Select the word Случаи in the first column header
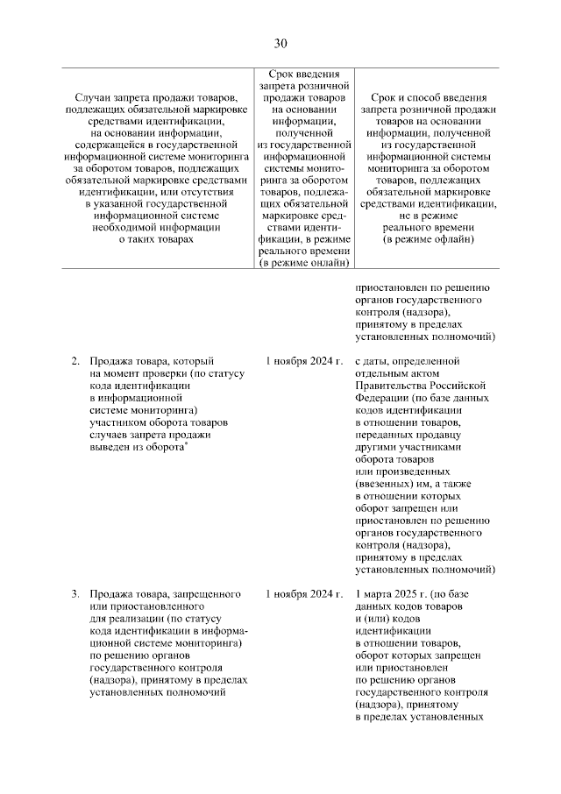click(x=95, y=96)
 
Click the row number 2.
click(x=75, y=360)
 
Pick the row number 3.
click(x=75, y=594)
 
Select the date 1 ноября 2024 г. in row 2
click(x=302, y=360)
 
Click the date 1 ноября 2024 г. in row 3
click(x=302, y=594)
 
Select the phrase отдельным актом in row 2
click(x=394, y=372)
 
